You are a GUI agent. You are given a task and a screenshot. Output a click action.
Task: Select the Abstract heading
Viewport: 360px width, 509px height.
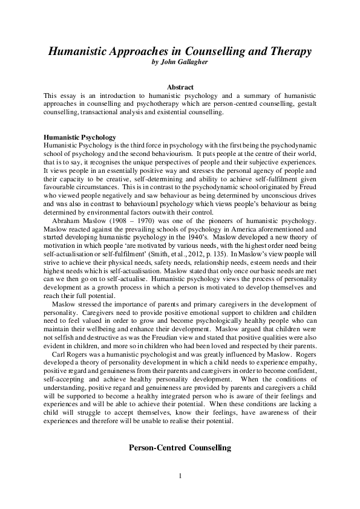(180, 88)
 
